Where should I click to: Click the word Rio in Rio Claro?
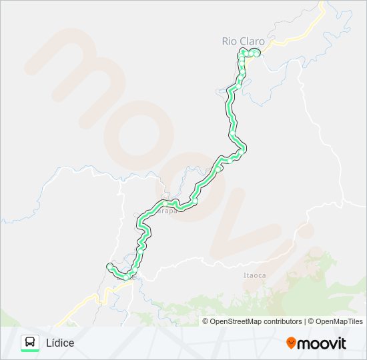(229, 41)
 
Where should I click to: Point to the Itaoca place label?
(255, 275)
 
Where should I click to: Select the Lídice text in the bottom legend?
(60, 343)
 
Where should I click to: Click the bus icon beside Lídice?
(30, 342)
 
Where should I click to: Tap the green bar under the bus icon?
(30, 351)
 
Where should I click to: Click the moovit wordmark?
(322, 343)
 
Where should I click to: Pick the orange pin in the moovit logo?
(291, 343)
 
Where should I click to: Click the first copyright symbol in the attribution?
(206, 321)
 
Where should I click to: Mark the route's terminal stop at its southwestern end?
(109, 267)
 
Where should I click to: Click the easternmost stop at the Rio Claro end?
(256, 53)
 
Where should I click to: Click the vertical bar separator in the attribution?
(305, 321)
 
